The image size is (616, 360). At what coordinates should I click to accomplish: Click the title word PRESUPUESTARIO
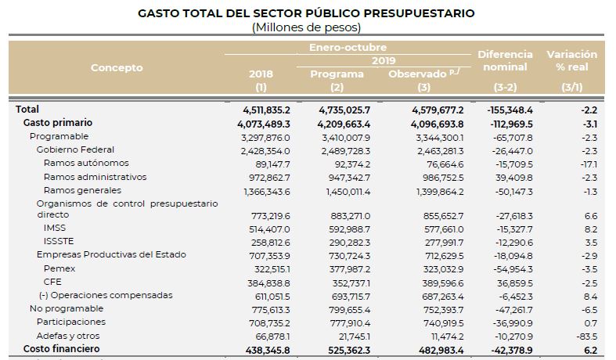(x=419, y=13)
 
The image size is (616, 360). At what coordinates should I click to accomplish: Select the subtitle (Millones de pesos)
(x=306, y=27)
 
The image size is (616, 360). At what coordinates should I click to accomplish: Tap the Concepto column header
(x=117, y=67)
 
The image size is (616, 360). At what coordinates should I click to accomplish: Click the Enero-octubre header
(x=348, y=47)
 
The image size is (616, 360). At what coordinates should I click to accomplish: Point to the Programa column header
(x=337, y=74)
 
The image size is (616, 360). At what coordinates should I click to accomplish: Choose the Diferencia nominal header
(x=505, y=60)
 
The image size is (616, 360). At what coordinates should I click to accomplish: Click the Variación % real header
(x=572, y=60)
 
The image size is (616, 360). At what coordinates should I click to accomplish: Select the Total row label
(x=27, y=110)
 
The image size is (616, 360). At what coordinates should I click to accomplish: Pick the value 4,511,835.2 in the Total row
(x=266, y=110)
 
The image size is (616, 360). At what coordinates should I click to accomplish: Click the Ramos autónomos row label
(x=86, y=163)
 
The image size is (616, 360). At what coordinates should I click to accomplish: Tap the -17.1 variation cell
(x=589, y=164)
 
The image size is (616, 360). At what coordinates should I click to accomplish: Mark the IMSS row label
(x=55, y=228)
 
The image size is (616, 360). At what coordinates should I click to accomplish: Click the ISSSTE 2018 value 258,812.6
(x=269, y=243)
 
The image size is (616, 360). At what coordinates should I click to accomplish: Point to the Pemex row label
(x=59, y=268)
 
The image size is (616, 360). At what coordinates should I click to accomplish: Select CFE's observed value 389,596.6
(x=443, y=283)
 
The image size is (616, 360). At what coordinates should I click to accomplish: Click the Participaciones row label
(x=71, y=322)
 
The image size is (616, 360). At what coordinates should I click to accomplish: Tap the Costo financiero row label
(x=61, y=349)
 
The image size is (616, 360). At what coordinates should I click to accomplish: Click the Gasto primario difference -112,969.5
(x=511, y=124)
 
